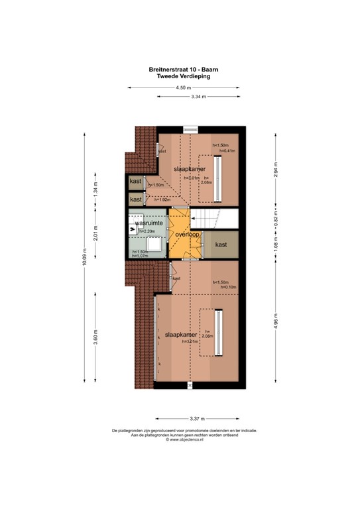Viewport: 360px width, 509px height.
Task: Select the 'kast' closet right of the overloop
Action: point(221,245)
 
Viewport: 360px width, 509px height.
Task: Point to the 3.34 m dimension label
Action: point(198,97)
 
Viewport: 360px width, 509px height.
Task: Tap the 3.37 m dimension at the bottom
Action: point(197,418)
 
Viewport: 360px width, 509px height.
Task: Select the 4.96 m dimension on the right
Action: point(276,323)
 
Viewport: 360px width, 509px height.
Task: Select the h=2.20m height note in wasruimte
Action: point(147,231)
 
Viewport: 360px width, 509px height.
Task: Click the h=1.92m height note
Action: point(154,199)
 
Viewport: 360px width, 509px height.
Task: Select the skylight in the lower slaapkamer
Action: point(217,333)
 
